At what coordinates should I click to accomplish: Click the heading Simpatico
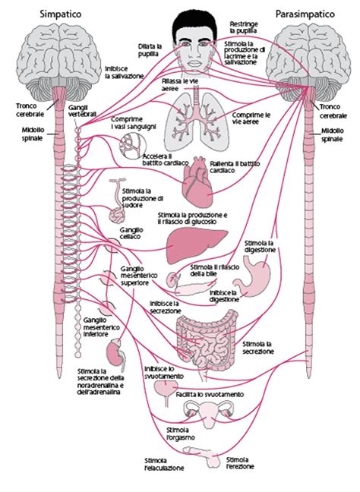coord(54,14)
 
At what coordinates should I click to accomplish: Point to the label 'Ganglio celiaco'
coord(132,233)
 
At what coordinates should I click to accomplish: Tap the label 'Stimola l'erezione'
coord(238,463)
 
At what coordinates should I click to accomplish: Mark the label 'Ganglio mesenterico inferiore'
coord(97,326)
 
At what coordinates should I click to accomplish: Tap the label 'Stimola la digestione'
coord(260,246)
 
